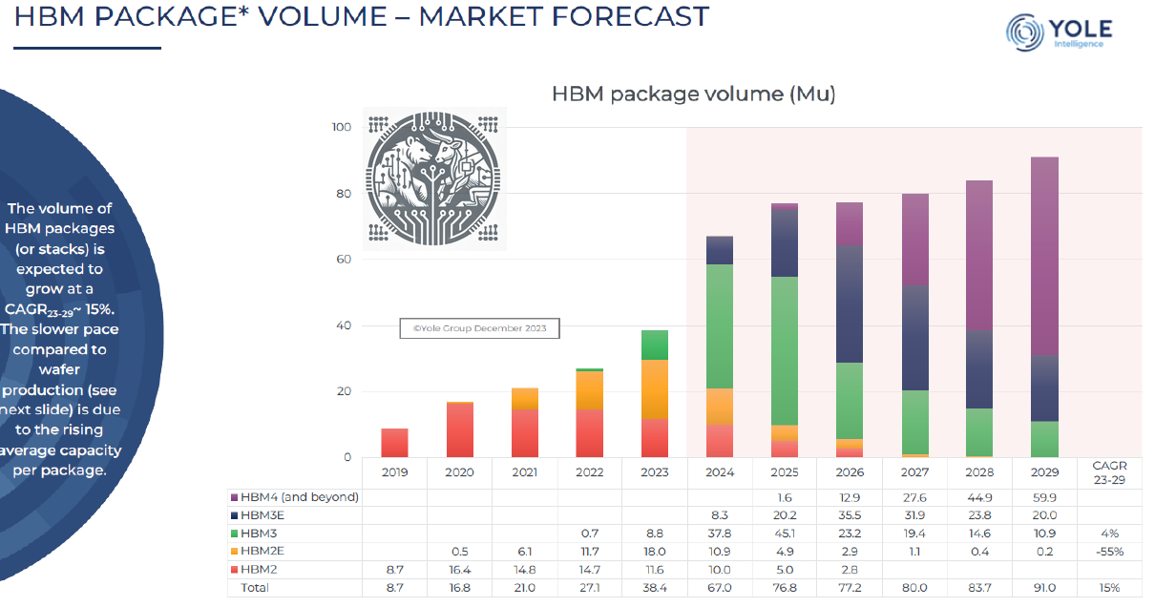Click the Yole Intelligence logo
click(x=1059, y=31)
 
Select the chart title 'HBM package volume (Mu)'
click(x=693, y=94)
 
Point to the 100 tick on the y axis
click(x=342, y=127)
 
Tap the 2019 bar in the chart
click(x=394, y=443)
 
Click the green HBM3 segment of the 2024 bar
click(x=719, y=326)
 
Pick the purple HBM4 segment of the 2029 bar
click(x=1044, y=256)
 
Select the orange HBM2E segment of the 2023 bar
click(x=654, y=389)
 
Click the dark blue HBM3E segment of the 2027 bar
click(x=914, y=338)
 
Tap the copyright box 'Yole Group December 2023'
click(x=479, y=328)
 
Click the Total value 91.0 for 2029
click(x=1044, y=588)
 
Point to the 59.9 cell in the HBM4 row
click(x=1044, y=496)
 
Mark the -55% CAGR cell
click(x=1109, y=552)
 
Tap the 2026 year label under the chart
click(x=850, y=471)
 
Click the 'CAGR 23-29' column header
click(x=1109, y=472)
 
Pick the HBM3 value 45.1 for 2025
click(x=785, y=534)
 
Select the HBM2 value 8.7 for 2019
click(x=394, y=570)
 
